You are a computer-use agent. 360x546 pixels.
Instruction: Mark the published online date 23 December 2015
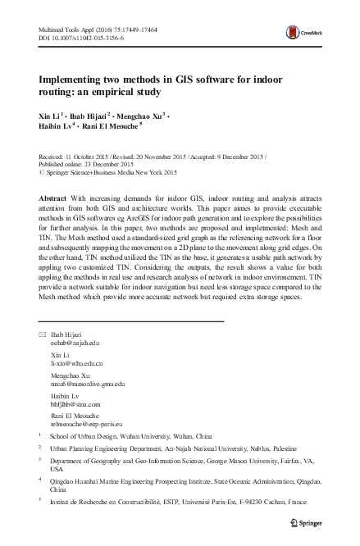pos(103,164)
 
